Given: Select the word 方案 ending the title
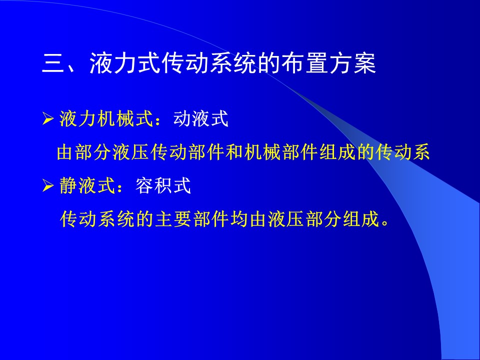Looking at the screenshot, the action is click(352, 63).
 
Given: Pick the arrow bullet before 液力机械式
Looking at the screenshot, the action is click(48, 119).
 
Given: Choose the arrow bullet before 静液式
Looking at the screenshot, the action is click(48, 185).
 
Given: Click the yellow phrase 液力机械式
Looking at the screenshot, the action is click(106, 119).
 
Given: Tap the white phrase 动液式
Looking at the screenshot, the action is click(201, 119).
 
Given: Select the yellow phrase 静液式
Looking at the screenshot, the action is click(87, 185).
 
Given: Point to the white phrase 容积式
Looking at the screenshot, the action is click(163, 185).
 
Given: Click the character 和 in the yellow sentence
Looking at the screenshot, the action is click(234, 152).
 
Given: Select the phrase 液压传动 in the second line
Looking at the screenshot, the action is click(149, 152).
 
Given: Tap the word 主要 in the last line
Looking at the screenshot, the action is click(173, 219).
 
